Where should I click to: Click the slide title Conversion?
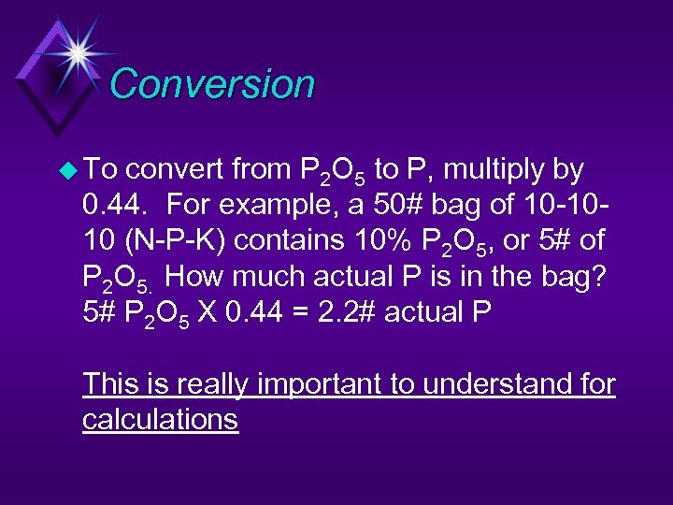pos(212,84)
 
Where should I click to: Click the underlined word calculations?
pos(160,420)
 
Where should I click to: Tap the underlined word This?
pos(111,384)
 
